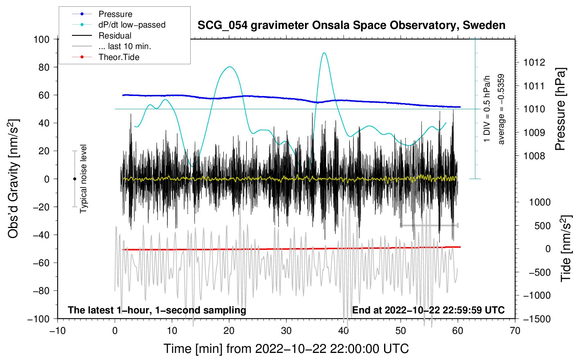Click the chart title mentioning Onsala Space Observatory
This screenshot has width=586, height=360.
[x=351, y=25]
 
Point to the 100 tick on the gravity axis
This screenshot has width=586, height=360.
[x=42, y=40]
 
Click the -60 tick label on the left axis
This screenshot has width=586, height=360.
[x=41, y=263]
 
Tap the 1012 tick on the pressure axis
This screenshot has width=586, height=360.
[x=534, y=62]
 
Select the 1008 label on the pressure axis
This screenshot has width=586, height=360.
[x=534, y=156]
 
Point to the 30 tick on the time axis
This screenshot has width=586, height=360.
[x=286, y=331]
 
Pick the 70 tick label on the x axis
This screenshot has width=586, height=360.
[x=515, y=331]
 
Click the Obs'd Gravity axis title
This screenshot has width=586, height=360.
[x=13, y=179]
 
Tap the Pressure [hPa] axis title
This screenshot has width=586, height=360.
[x=560, y=109]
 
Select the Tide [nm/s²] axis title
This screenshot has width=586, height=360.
[x=566, y=248]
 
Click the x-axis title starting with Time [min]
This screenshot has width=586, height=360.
[x=286, y=349]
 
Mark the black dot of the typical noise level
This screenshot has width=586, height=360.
[x=74, y=179]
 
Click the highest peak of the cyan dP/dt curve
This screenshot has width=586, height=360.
[x=324, y=53]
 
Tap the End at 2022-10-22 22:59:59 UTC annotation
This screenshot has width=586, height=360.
[x=428, y=310]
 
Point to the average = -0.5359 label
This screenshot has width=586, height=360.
[x=501, y=109]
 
